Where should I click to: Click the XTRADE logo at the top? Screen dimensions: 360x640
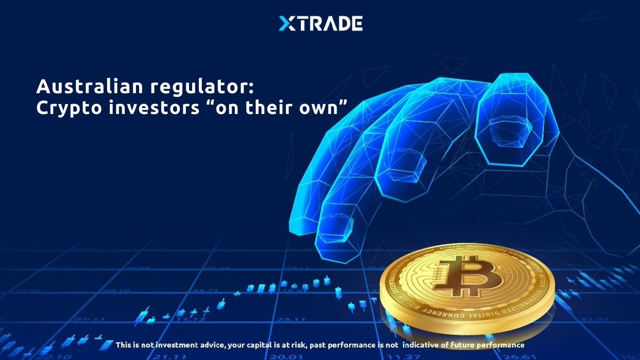pyautogui.click(x=321, y=23)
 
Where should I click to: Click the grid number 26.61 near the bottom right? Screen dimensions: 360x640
pyautogui.click(x=511, y=356)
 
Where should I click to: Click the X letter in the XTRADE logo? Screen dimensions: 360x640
pyautogui.click(x=287, y=23)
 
